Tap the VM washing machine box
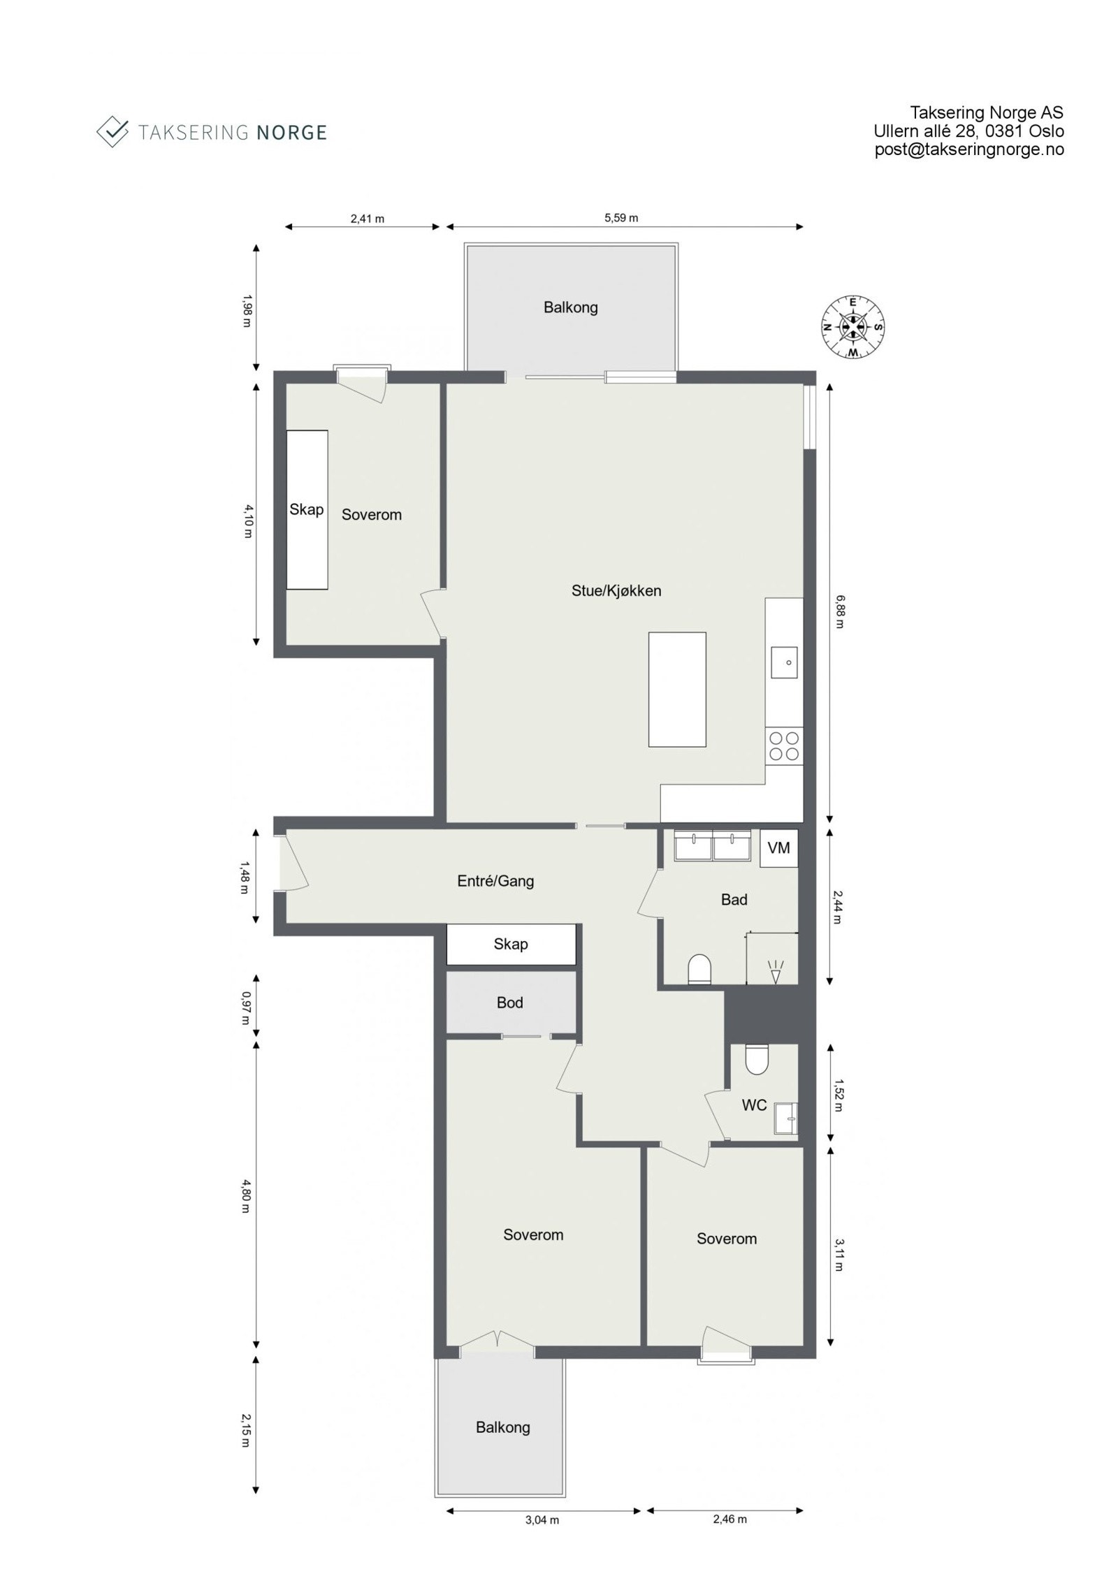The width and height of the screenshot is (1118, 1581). click(x=778, y=848)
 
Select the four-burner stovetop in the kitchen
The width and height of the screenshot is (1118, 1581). click(x=783, y=745)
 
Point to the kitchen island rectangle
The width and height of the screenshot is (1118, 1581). click(x=676, y=690)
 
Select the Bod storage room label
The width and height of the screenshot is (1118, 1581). click(x=509, y=1003)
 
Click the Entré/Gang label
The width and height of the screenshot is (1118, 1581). click(x=495, y=881)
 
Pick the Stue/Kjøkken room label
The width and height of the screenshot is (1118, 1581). click(x=616, y=590)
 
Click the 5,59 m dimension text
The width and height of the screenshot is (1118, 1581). click(x=621, y=218)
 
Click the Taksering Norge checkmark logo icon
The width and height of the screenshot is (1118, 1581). click(x=112, y=131)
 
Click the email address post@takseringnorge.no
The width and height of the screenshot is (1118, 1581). click(x=969, y=149)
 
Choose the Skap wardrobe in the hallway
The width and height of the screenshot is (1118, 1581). click(x=511, y=945)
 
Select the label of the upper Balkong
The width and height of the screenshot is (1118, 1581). click(x=571, y=307)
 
